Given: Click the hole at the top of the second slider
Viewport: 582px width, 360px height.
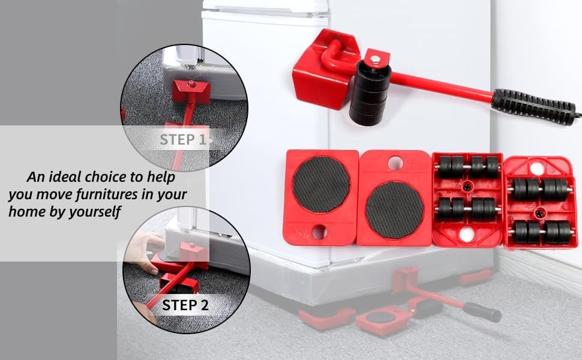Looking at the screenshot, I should pos(394,163).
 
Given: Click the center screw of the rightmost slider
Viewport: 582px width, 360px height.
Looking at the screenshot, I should pos(540,211).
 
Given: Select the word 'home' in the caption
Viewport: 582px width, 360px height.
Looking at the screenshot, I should pos(28,212).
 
